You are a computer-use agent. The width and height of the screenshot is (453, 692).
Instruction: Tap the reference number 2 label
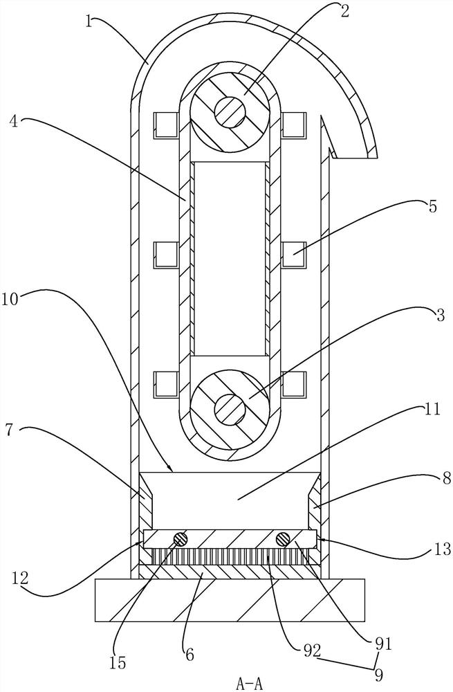click(x=344, y=11)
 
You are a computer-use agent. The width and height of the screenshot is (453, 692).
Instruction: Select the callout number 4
click(x=14, y=121)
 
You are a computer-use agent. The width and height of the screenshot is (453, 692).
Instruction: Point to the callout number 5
click(x=432, y=206)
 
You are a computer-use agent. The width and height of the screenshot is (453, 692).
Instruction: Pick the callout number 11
click(x=432, y=409)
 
